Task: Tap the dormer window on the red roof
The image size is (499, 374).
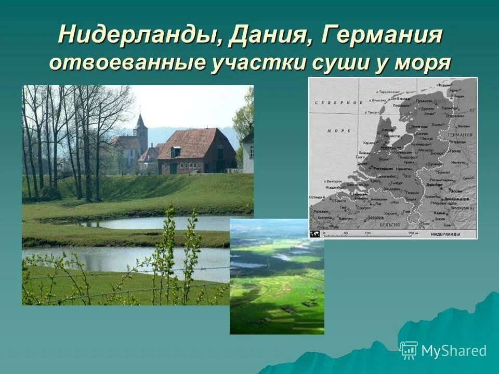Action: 176,152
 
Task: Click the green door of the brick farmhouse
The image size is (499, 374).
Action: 174,168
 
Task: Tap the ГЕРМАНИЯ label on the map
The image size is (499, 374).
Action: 460,135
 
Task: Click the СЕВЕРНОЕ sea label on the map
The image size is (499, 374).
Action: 337,103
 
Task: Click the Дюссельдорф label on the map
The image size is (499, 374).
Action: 457,199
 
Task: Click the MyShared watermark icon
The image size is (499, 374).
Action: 409,350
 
